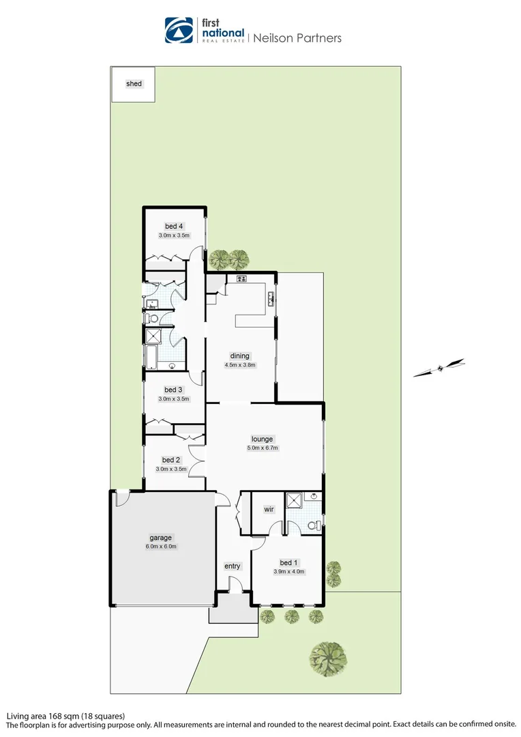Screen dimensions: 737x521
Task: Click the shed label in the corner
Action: click(134, 84)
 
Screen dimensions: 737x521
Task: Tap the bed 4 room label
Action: click(173, 227)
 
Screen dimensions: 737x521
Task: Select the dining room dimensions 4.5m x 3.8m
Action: click(240, 364)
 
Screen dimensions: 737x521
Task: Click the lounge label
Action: click(263, 439)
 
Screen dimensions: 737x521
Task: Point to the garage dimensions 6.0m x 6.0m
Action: click(162, 547)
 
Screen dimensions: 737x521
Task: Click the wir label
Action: click(269, 510)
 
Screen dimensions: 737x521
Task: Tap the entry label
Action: click(233, 566)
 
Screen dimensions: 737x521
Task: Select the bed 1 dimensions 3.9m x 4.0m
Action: click(288, 572)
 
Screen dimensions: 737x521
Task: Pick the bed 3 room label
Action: click(173, 390)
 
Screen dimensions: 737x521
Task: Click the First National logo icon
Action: click(179, 30)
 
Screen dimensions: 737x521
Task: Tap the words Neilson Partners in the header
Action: click(297, 38)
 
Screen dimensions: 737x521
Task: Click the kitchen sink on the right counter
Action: click(271, 298)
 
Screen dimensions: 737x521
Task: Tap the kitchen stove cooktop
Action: click(241, 278)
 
